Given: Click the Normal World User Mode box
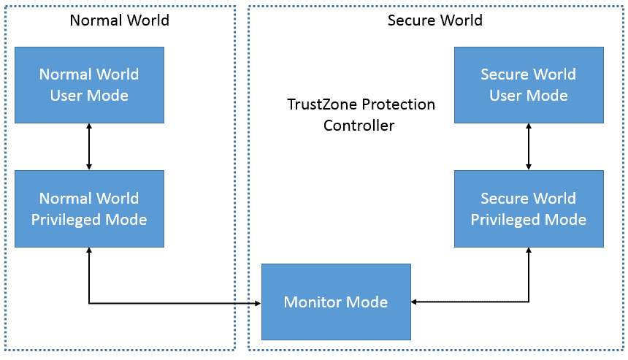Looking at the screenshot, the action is pyautogui.click(x=89, y=85).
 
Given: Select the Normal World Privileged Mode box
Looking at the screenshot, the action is pyautogui.click(x=89, y=209).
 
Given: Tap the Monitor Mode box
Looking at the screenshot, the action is pyautogui.click(x=336, y=302).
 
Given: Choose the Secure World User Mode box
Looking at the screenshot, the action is pyautogui.click(x=529, y=85).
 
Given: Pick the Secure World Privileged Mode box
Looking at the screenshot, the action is pyautogui.click(x=529, y=209).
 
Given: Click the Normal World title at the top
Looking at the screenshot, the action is pyautogui.click(x=119, y=20).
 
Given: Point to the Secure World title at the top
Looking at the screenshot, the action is pyautogui.click(x=435, y=20).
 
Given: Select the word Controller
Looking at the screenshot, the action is pyautogui.click(x=359, y=126).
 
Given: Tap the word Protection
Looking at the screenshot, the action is pyautogui.click(x=398, y=104).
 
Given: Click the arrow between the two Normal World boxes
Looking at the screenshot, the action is pyautogui.click(x=89, y=147).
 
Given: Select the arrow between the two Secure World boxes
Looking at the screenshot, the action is pyautogui.click(x=529, y=147).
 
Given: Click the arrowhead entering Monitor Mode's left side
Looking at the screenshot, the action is pyautogui.click(x=258, y=304).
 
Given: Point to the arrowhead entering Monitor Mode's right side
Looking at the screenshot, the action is pyautogui.click(x=414, y=302).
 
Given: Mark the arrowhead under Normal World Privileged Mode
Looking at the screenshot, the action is pyautogui.click(x=89, y=250).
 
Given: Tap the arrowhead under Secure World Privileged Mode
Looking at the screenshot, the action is pyautogui.click(x=529, y=250).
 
